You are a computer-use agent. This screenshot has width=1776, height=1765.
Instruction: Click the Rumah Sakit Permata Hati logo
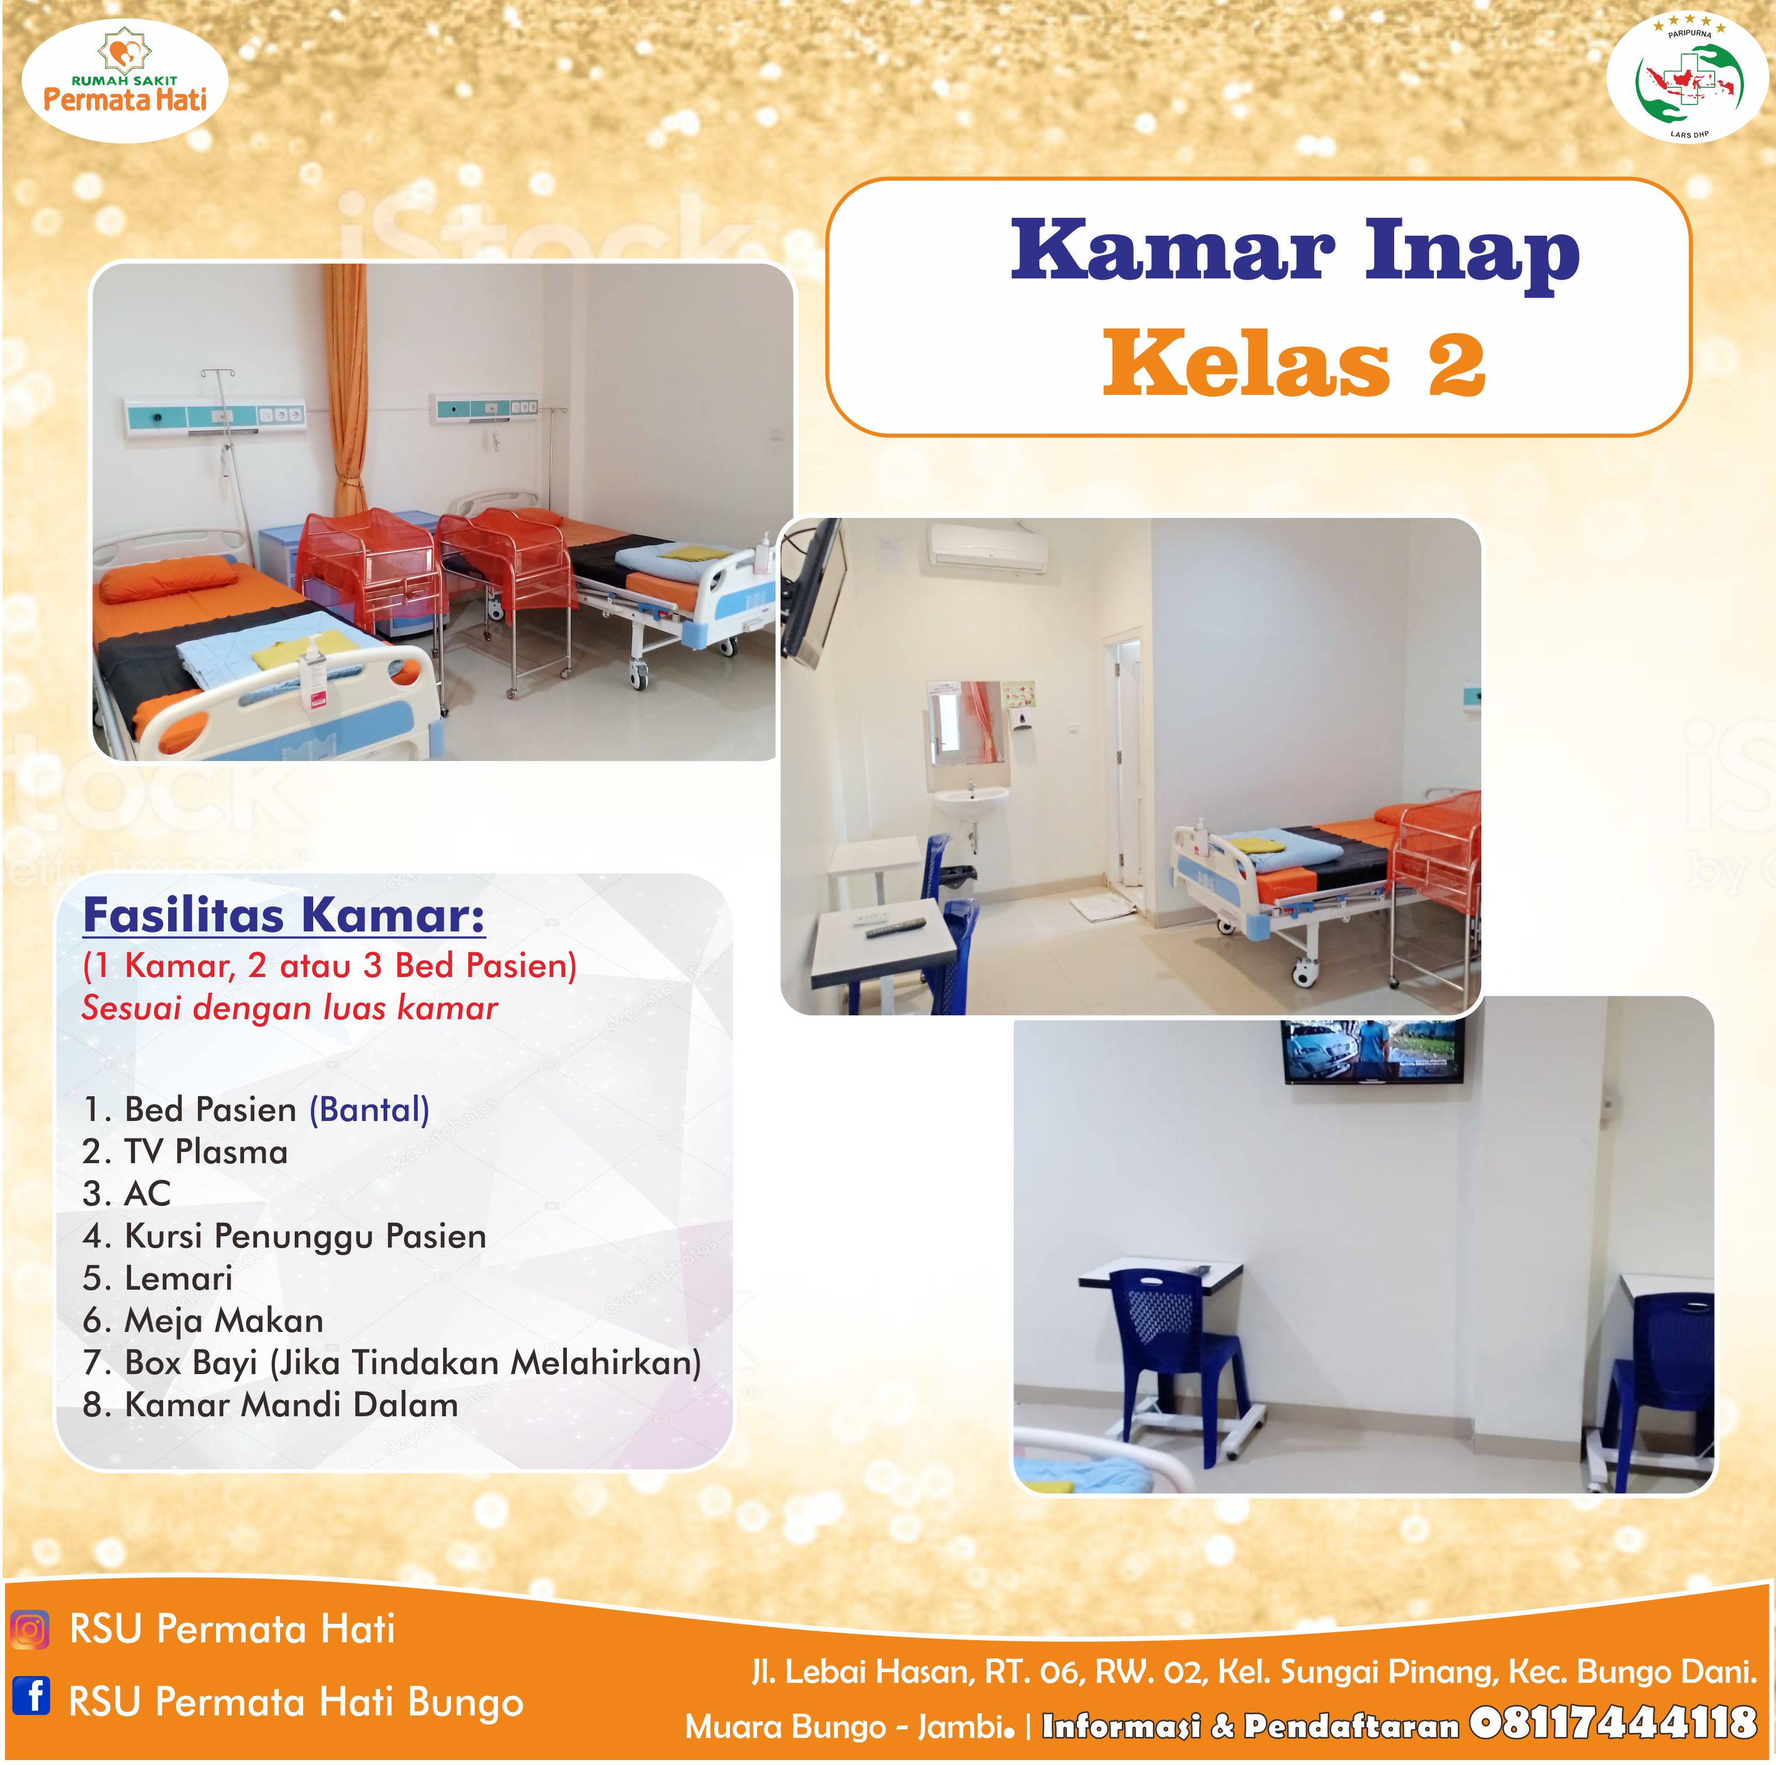click(x=125, y=81)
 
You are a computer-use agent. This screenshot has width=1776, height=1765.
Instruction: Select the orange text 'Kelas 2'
click(x=1294, y=363)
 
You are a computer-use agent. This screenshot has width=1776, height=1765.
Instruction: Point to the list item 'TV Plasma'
click(x=185, y=1152)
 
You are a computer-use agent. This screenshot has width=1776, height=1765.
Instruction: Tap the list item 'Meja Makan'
click(x=202, y=1321)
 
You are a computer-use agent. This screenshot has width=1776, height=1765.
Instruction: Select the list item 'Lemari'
click(x=157, y=1278)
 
